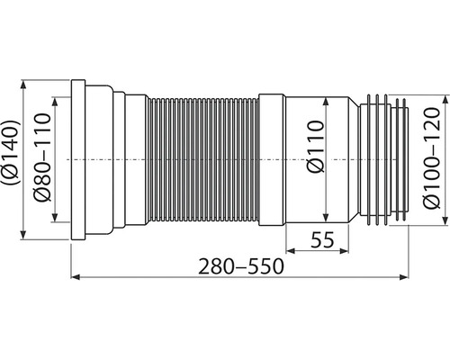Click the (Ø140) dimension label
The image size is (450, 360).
[x=12, y=152]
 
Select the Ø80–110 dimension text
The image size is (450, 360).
[x=42, y=157]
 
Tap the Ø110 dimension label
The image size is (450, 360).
[x=316, y=147]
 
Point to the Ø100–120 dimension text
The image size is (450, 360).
[x=431, y=157]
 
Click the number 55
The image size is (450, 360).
[x=322, y=239]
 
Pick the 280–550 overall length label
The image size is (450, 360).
[x=240, y=266]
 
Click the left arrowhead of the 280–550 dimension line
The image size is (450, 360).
[x=75, y=277]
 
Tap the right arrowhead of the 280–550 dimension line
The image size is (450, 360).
[x=404, y=277]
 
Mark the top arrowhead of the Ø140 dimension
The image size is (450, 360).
[x=23, y=85]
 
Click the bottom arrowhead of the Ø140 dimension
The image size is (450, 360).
[x=23, y=235]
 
